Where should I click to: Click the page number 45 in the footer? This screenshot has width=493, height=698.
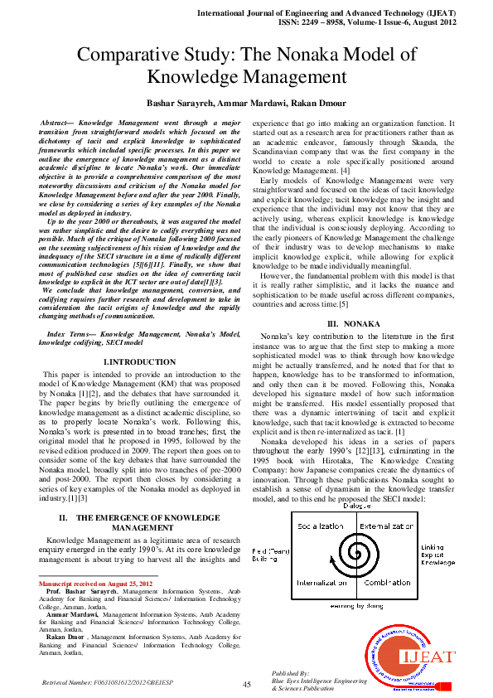click(246, 684)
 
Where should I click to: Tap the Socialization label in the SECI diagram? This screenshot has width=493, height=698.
click(320, 526)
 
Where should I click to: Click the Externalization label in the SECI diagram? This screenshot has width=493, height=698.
click(387, 526)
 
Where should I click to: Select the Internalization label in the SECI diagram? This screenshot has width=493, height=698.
click(320, 583)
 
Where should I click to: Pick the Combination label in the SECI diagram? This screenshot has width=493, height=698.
click(387, 583)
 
